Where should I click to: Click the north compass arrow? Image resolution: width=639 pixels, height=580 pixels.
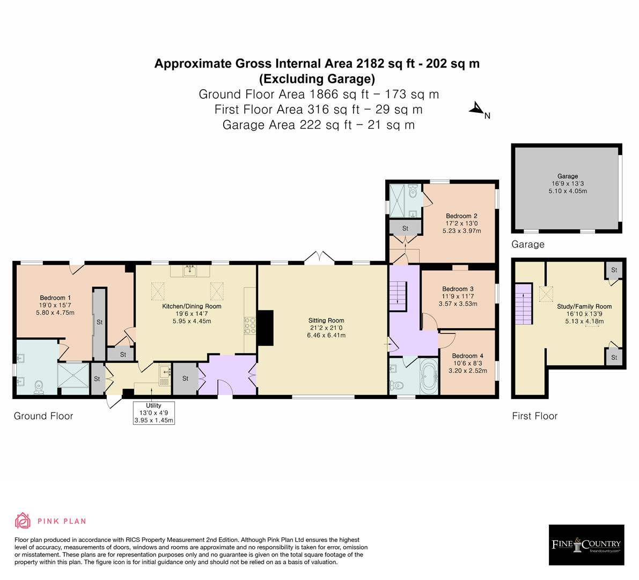click(476, 108)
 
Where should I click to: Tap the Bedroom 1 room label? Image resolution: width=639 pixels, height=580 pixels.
click(55, 298)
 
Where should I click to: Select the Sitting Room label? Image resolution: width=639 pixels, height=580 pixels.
click(326, 321)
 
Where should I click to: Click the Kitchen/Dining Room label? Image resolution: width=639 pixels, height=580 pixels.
click(192, 306)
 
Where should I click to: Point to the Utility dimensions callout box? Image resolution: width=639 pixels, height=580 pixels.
click(153, 413)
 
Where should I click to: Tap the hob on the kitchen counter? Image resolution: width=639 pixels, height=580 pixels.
click(249, 325)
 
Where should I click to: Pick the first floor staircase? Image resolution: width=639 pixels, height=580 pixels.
click(524, 304)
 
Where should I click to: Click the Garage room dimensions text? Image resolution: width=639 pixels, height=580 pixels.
click(568, 187)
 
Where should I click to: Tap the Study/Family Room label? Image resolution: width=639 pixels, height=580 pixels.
click(584, 306)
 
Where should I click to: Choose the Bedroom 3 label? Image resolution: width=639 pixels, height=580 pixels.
click(458, 289)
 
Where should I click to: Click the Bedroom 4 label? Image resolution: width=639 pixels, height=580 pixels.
click(467, 356)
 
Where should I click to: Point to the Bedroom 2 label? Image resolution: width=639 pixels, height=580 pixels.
click(461, 216)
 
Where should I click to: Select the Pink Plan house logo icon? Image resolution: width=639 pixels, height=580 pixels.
click(23, 521)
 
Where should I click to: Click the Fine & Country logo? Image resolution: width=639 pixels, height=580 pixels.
click(586, 545)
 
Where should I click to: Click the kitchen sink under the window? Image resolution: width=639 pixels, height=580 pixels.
click(190, 271)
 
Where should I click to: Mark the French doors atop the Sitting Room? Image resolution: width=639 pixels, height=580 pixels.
click(319, 258)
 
